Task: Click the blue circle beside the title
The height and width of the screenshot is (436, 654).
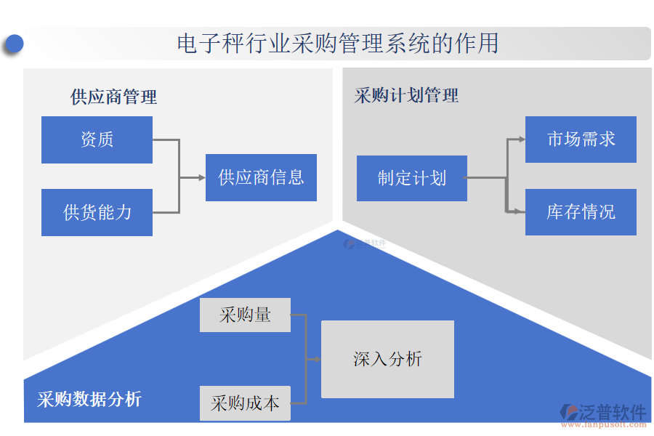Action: [x=13, y=44]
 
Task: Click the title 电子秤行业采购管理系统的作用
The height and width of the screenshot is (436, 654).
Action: [x=338, y=44]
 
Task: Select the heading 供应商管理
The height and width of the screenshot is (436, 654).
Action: [x=113, y=97]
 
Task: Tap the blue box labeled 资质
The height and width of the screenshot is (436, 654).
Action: [x=97, y=140]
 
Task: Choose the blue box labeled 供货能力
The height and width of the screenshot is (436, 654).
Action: [x=97, y=212]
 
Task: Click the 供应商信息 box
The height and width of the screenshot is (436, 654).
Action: [x=261, y=177]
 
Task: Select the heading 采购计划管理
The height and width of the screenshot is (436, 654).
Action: [x=406, y=95]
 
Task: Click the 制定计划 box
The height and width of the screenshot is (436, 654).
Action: [x=411, y=178]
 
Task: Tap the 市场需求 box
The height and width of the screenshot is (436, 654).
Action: [x=581, y=140]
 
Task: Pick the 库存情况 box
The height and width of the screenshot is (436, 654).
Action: [x=581, y=212]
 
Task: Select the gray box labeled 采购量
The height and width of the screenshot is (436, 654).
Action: [x=245, y=315]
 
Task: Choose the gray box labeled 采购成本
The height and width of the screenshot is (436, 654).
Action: [x=245, y=403]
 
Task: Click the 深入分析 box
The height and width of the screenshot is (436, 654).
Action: [x=387, y=359]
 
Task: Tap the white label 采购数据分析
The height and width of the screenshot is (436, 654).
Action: [x=89, y=399]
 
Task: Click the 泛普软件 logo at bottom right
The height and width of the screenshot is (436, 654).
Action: [x=602, y=413]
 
